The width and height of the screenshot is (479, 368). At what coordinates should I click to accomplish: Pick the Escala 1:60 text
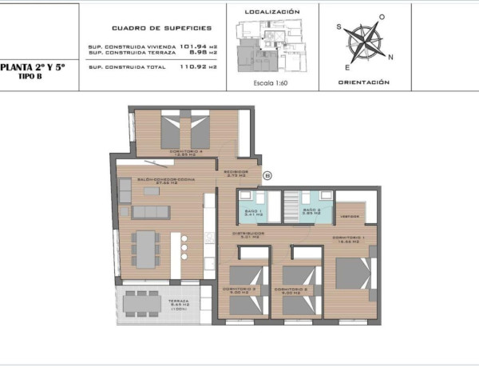click(x=271, y=82)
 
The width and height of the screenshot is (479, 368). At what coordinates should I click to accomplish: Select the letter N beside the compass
click(x=390, y=57)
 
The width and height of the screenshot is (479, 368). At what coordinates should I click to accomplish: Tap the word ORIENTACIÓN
click(x=363, y=82)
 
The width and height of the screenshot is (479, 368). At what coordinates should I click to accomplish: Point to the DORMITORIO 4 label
click(x=185, y=150)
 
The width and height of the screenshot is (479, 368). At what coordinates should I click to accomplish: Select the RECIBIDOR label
click(x=236, y=172)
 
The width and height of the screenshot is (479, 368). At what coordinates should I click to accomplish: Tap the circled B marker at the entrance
click(x=267, y=175)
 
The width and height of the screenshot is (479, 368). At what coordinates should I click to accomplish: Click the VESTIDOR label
click(x=350, y=216)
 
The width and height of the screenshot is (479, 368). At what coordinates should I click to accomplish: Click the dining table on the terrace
click(x=142, y=302)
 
